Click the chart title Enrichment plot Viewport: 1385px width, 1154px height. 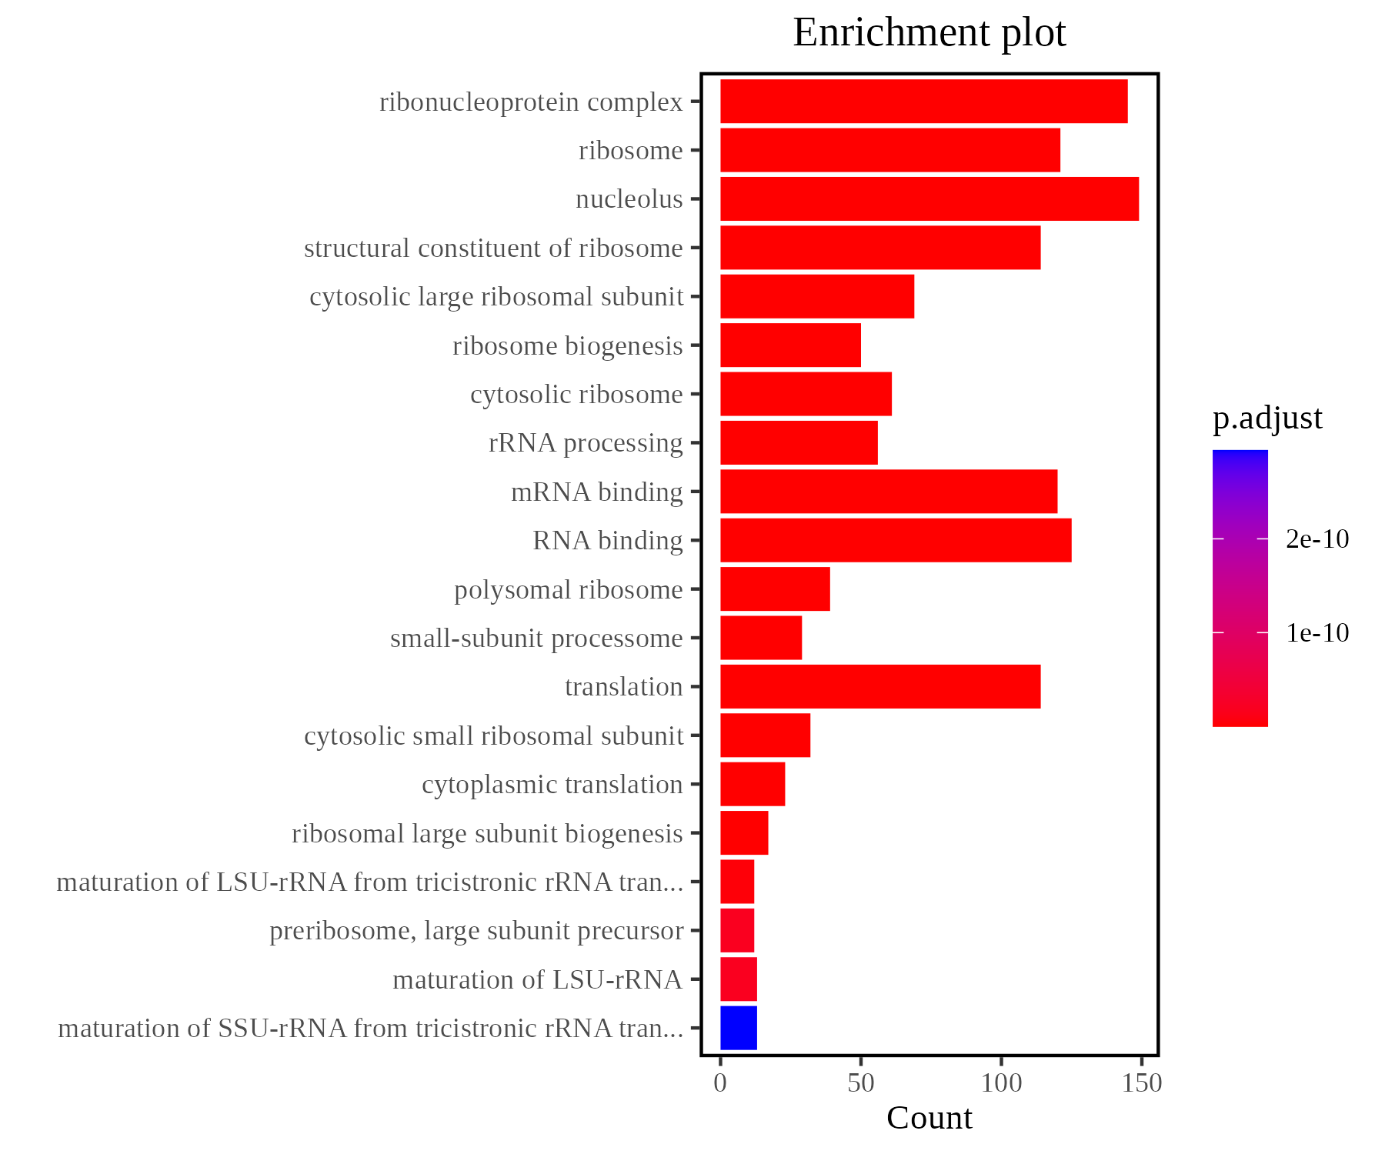click(929, 33)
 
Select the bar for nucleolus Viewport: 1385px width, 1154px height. click(929, 199)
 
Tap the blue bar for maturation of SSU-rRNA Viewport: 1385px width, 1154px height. click(739, 1028)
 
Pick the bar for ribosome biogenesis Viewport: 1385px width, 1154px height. click(790, 345)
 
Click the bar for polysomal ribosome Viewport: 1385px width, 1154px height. click(775, 589)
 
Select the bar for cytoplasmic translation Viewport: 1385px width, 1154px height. click(753, 784)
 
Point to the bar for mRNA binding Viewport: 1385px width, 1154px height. click(888, 492)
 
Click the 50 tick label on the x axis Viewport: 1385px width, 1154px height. click(860, 1083)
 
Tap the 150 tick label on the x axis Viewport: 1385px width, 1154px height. click(1142, 1083)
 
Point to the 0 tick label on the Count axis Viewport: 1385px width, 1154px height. click(720, 1083)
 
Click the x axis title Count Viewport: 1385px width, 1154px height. click(929, 1119)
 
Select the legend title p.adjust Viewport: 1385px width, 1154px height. click(1267, 418)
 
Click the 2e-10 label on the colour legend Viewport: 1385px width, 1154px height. click(1317, 539)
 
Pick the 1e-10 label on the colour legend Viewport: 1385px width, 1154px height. click(1317, 633)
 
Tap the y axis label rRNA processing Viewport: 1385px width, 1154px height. click(586, 443)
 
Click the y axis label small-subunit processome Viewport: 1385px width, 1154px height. click(536, 639)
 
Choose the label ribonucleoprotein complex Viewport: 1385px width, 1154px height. click(531, 102)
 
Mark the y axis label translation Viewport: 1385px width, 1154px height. click(623, 687)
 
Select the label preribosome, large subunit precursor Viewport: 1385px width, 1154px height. click(476, 931)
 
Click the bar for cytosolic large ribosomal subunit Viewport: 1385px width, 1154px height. click(817, 297)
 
